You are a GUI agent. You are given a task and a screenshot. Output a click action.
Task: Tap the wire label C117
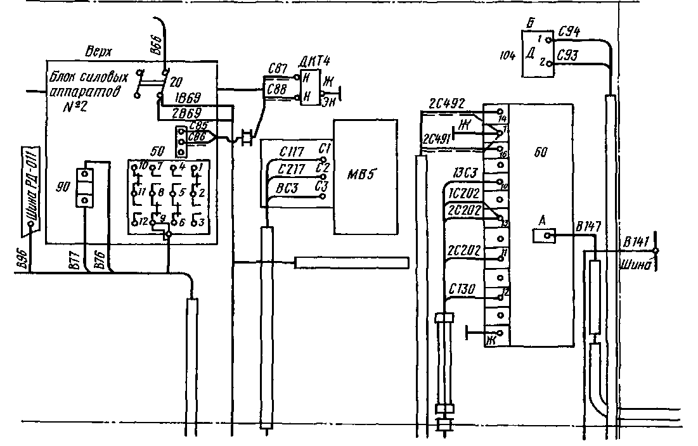(x=292, y=151)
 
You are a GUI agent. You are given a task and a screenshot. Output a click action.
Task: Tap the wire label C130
(x=461, y=288)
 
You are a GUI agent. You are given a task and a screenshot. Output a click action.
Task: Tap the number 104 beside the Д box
(x=507, y=56)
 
